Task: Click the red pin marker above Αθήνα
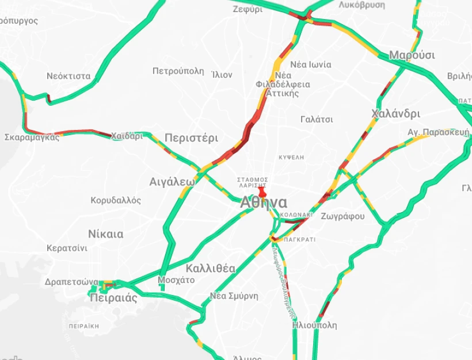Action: [262, 192]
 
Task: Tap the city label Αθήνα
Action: [264, 202]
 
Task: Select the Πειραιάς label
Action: [113, 298]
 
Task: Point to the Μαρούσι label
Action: [412, 55]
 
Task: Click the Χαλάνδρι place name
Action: [395, 113]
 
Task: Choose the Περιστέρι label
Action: [191, 138]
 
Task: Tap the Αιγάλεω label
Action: [172, 182]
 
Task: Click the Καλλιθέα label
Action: [210, 268]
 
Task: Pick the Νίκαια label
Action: [105, 234]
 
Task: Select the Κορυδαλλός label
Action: [116, 201]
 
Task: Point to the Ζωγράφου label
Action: [343, 216]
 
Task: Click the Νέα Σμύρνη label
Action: [234, 296]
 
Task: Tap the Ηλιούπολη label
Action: [314, 325]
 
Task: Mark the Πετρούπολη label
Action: [178, 71]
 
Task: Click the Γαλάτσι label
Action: [317, 120]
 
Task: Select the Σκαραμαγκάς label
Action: [32, 137]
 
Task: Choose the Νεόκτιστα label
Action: [68, 76]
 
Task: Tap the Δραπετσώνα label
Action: [71, 282]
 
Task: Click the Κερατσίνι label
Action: [67, 248]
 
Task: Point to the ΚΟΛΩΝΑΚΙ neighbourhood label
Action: [296, 215]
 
